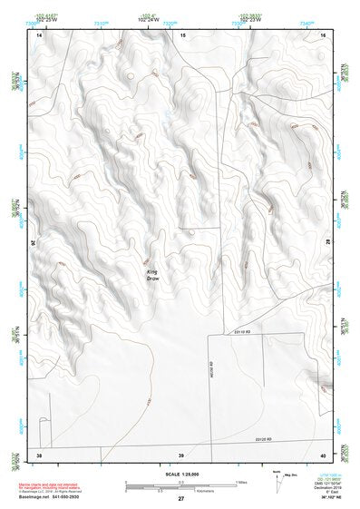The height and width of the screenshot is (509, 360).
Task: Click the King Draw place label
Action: click(x=153, y=274)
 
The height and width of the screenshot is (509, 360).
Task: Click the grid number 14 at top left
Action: click(x=39, y=34)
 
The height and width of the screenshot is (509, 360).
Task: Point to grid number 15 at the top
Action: click(x=181, y=34)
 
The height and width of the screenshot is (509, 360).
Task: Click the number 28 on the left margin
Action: click(x=32, y=243)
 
